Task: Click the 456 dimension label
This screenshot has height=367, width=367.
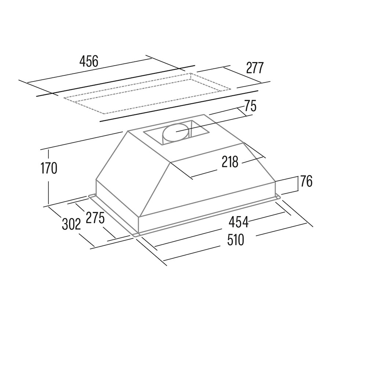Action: pos(89,62)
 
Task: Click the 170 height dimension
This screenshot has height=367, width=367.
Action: pos(49,168)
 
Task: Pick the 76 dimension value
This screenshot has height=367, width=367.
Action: pos(306,181)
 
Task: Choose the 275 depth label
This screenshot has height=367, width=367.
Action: pos(95,217)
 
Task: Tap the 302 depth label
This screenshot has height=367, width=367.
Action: pos(72,224)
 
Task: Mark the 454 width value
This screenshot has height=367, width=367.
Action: pos(238,222)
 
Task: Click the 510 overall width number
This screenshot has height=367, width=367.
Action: pos(236,240)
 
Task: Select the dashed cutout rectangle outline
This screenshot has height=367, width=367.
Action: pos(147,93)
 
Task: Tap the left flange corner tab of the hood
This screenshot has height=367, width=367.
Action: pos(92,196)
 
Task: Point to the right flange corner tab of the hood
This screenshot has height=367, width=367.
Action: pos(277,197)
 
